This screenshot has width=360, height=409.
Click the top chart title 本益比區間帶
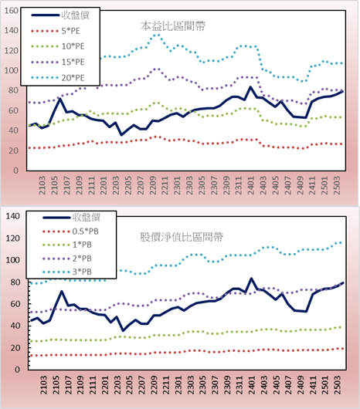173,26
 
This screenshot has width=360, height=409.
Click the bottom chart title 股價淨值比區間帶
182,237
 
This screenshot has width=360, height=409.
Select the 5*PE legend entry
56,31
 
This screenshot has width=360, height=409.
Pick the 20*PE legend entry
58,78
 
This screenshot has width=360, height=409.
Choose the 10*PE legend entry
58,46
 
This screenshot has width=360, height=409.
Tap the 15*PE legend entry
58,62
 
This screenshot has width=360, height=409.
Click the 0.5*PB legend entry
70,232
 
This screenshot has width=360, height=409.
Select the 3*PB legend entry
67,272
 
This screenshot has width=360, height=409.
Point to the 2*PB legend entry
67,259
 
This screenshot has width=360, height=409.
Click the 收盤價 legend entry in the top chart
60,15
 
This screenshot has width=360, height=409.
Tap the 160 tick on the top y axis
12,11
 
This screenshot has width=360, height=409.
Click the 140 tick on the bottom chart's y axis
12,216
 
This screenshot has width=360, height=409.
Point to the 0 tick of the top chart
15,171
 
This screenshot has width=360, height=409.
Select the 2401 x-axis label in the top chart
251,185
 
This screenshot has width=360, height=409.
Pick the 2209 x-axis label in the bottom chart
154,385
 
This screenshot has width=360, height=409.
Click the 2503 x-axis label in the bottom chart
338,385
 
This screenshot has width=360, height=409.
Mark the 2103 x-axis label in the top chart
42,185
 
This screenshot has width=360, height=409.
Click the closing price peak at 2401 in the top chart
250,87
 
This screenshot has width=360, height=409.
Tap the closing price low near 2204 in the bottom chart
123,331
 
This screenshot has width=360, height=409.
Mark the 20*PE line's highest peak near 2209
156,35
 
